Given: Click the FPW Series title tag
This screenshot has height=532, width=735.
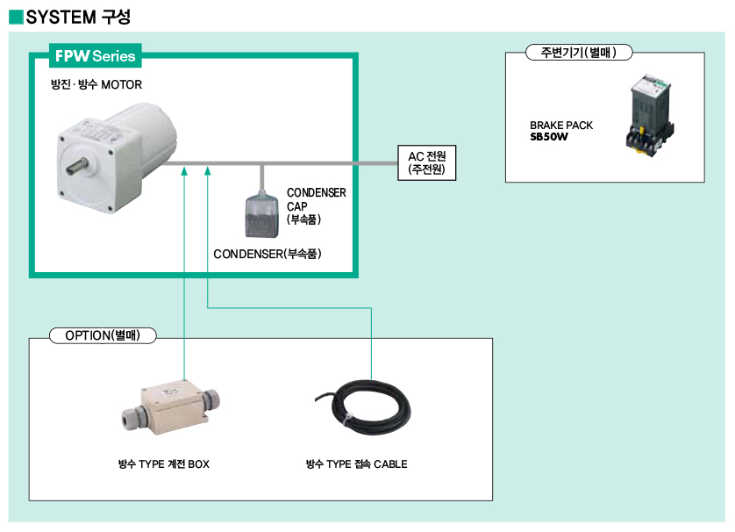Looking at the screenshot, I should click(95, 56).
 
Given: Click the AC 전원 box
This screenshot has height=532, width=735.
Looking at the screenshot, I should click(426, 163).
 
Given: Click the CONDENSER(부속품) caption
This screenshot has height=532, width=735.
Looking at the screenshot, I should click(268, 254).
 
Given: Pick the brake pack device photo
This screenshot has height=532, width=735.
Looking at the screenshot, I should click(650, 115).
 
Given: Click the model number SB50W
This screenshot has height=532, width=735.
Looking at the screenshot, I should click(549, 137).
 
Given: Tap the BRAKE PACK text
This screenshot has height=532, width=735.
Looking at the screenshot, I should click(561, 126).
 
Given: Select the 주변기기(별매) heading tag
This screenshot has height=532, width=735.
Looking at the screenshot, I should click(579, 53).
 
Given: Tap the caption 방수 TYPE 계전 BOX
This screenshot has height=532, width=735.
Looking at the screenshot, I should click(164, 464).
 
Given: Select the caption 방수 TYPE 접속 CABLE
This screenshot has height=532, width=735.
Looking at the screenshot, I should click(356, 464).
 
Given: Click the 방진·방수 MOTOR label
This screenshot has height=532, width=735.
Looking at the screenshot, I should click(96, 85).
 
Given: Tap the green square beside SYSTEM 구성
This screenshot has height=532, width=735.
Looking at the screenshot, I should click(16, 17).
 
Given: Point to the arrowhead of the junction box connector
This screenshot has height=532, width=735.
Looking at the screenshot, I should click(184, 171).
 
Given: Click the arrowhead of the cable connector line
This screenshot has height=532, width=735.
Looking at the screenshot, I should click(208, 171).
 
